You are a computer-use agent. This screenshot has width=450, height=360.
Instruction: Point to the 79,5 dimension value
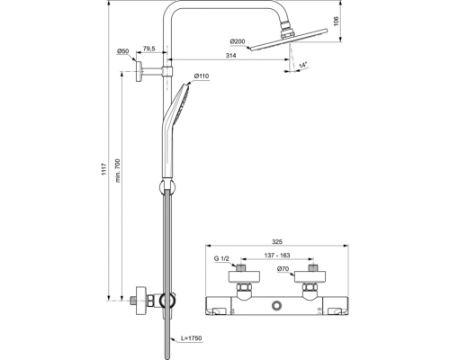pyautogui.click(x=149, y=49)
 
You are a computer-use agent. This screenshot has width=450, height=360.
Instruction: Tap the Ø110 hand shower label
pyautogui.click(x=202, y=76)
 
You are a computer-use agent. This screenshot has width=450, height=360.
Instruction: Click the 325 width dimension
pyautogui.click(x=275, y=243)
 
